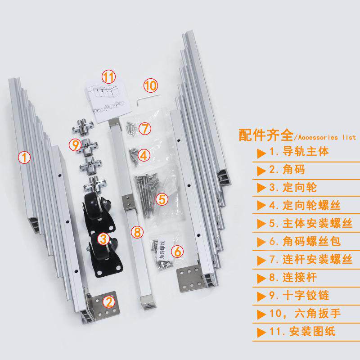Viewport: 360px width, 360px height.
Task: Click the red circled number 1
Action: coord(24,157)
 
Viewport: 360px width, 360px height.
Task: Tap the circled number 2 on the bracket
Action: coord(109,301)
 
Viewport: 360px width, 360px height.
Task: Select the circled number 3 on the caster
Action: coord(103,239)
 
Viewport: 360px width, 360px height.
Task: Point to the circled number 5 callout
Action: coord(162,199)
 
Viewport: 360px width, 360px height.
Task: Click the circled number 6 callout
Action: coord(177,252)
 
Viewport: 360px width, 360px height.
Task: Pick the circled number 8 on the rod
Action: coord(137,232)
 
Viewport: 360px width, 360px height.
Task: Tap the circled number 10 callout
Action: coord(151,85)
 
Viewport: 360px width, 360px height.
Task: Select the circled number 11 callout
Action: coord(108,76)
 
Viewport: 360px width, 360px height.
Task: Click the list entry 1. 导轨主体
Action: coord(299,152)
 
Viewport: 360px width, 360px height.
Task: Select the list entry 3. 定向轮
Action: coord(293,188)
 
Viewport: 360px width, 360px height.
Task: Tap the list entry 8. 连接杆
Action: coord(293,277)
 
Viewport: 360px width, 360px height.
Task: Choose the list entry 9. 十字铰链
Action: coord(299,296)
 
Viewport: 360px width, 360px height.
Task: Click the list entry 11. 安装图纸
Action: coord(302,331)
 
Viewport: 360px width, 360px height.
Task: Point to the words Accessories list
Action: coord(327,137)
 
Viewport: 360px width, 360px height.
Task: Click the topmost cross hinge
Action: coord(83,126)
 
